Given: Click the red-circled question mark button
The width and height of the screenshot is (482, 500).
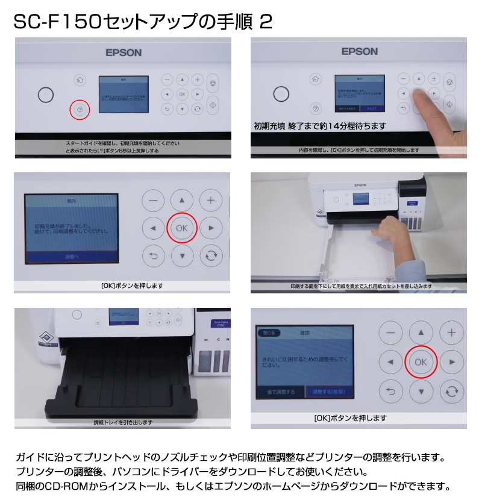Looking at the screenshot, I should [80, 109].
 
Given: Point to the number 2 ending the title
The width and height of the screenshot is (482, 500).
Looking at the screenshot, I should [265, 22].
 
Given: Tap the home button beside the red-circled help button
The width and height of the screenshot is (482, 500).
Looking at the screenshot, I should [80, 80].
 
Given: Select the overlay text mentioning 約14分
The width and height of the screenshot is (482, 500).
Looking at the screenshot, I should [319, 127].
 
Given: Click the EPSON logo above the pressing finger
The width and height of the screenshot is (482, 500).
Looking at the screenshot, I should [359, 52].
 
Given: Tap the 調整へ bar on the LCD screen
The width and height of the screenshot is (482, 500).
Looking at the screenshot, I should [72, 257].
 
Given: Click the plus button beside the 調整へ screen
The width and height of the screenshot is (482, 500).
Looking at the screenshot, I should [210, 200].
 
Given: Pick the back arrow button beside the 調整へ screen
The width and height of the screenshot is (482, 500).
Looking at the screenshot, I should [153, 256].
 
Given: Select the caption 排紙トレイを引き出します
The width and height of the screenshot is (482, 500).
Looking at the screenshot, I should [123, 422].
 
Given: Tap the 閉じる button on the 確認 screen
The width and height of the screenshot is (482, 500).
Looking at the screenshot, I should [269, 332].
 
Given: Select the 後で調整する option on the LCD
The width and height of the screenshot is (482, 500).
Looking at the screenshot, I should [281, 392].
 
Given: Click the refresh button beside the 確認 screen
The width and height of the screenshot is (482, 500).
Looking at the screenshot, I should [451, 392].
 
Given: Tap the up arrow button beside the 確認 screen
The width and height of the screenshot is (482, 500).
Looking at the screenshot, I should [421, 332].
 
